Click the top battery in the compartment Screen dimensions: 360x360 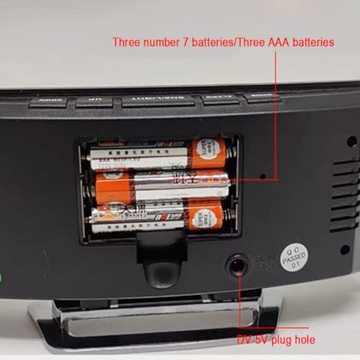158,154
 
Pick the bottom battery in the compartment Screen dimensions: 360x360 158,217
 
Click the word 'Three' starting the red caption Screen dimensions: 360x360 127,42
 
